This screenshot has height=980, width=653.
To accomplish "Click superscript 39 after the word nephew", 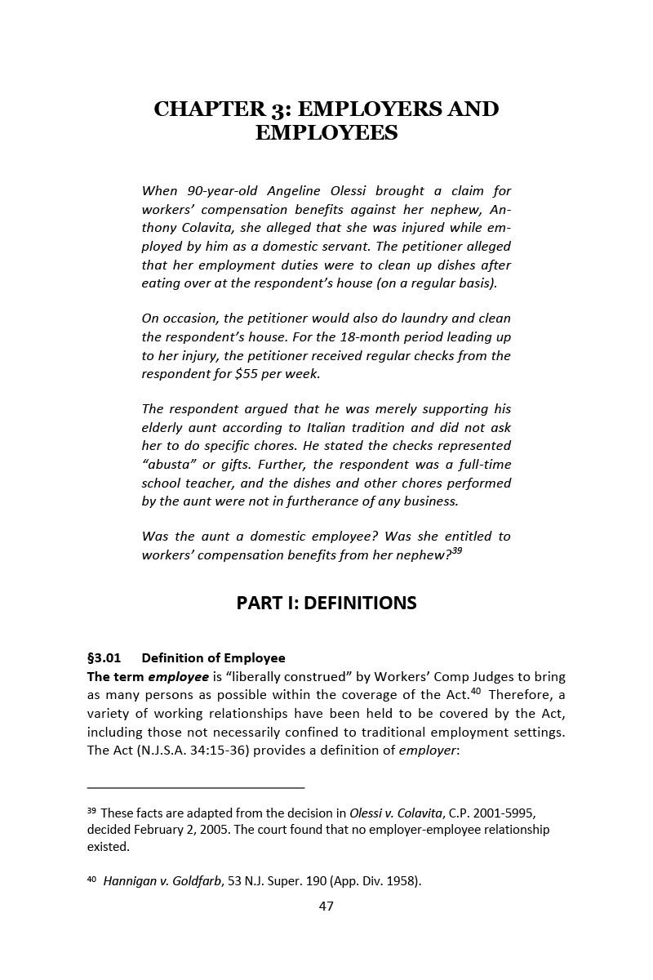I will click(x=457, y=551).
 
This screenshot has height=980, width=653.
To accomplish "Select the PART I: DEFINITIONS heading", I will click(x=326, y=603).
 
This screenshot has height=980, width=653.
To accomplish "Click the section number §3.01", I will click(x=104, y=657).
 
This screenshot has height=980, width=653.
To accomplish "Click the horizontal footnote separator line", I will click(x=196, y=787).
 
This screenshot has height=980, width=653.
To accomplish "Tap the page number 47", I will click(x=326, y=906).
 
